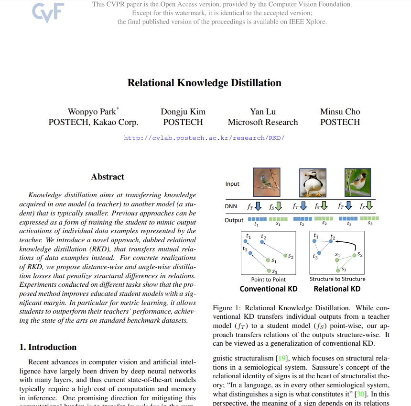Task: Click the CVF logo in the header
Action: [48, 13]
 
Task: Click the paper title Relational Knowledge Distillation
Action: [204, 83]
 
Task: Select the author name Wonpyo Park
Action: [92, 112]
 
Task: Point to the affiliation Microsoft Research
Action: [263, 122]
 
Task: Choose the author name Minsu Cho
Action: [340, 112]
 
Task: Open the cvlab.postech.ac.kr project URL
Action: [204, 138]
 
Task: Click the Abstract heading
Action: [108, 177]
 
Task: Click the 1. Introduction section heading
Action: [48, 347]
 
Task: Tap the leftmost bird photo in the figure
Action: [266, 180]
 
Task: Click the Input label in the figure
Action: [232, 184]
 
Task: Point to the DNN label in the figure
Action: [231, 206]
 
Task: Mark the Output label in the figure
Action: [234, 220]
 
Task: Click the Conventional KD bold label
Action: [268, 289]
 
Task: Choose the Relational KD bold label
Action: [337, 289]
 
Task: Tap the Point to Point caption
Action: [268, 279]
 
